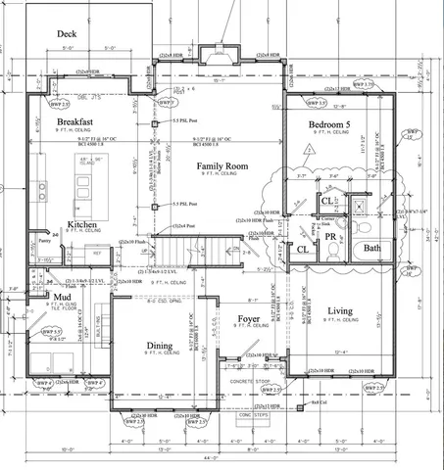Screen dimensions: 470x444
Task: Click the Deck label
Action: pos(67,33)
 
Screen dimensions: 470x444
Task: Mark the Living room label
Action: pos(340,311)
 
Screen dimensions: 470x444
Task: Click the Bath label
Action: pos(372,249)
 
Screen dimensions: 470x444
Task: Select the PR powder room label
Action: pos(331,236)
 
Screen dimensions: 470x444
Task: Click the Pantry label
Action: pos(45,236)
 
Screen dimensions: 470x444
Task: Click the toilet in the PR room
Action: pos(333,250)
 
